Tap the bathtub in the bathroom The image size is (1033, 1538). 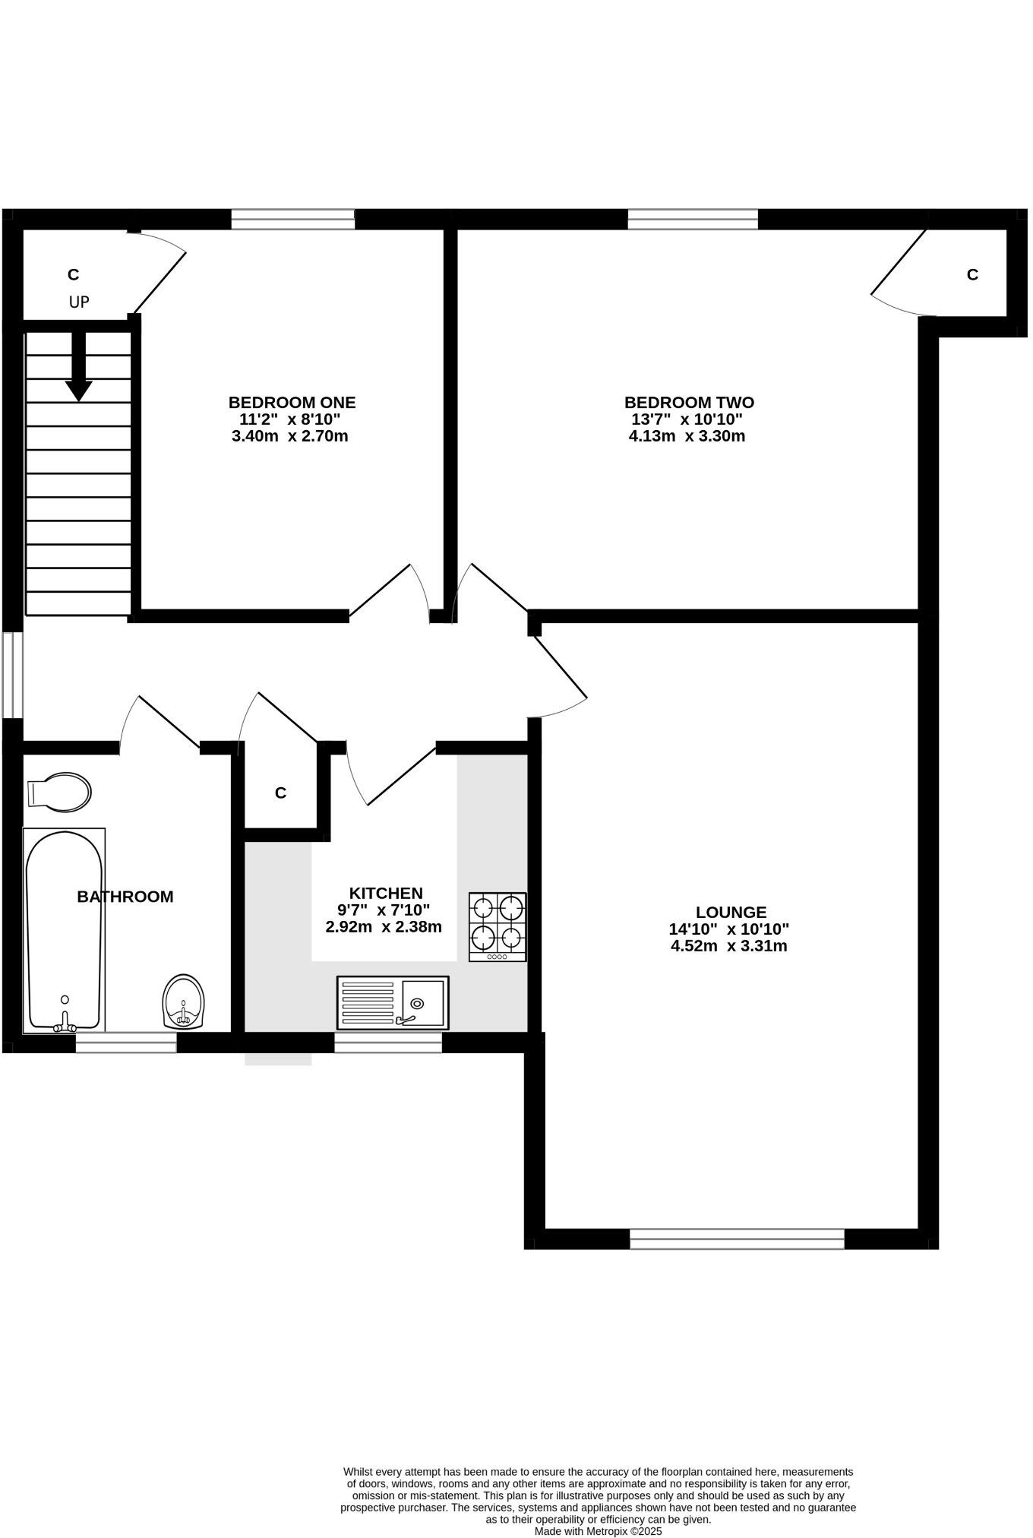click(x=64, y=931)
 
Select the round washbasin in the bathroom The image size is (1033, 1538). click(x=184, y=1002)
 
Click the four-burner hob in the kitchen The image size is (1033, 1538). click(x=498, y=926)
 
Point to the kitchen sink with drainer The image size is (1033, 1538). click(x=393, y=1003)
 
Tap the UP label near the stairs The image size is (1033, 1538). click(x=79, y=302)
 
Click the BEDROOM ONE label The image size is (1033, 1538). click(x=292, y=402)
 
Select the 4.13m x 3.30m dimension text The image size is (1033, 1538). click(x=687, y=436)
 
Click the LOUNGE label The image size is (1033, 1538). click(x=731, y=912)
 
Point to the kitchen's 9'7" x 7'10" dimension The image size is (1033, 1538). click(x=384, y=910)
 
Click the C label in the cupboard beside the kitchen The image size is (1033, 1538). click(x=280, y=793)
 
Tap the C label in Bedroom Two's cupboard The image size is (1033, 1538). click(x=972, y=274)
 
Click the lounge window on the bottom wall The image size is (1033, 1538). click(x=737, y=1239)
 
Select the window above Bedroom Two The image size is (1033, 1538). click(x=693, y=220)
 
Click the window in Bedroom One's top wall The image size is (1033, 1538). click(x=292, y=220)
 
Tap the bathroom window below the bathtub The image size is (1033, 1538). click(x=126, y=1043)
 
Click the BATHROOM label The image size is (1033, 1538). click(x=125, y=897)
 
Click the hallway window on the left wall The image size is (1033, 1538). click(x=12, y=674)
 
